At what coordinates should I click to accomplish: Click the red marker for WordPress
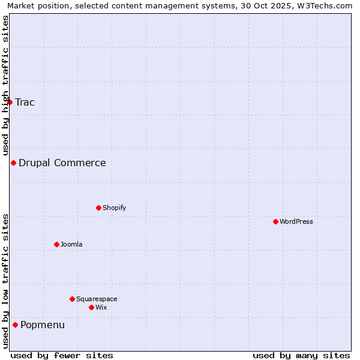[275, 221]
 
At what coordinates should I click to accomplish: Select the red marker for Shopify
[98, 208]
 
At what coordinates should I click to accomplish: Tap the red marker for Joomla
[56, 244]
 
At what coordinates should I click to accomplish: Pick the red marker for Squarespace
[72, 299]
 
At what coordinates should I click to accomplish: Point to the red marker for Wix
[91, 307]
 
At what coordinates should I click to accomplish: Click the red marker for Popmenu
[15, 325]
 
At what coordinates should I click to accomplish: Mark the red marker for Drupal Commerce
[13, 163]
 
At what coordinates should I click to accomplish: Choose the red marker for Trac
[10, 102]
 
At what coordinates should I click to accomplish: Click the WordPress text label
[296, 221]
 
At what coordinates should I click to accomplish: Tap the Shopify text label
[115, 208]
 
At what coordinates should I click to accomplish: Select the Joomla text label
[71, 244]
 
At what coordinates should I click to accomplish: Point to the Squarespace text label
[97, 299]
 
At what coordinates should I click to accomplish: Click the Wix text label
[101, 307]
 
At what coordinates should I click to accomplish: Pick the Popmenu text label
[43, 325]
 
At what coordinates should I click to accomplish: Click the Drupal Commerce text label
[62, 163]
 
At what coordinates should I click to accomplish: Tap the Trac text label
[25, 102]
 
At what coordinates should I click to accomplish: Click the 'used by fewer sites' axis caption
[62, 355]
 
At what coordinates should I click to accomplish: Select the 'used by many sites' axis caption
[301, 355]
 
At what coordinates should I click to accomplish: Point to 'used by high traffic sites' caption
[5, 84]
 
